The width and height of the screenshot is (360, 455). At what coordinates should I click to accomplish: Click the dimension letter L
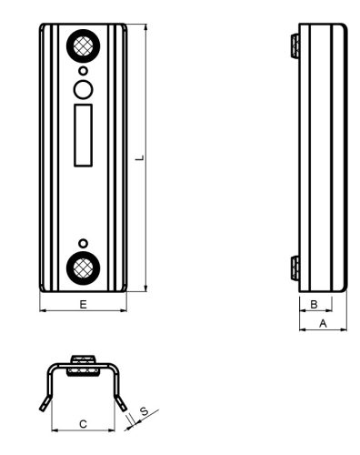tap(140, 158)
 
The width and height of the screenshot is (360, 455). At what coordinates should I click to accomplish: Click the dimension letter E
tap(83, 304)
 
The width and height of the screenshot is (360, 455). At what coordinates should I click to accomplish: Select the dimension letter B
tap(315, 304)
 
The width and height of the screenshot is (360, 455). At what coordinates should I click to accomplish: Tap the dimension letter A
tap(323, 323)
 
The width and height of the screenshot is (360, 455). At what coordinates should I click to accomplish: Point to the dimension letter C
tap(83, 424)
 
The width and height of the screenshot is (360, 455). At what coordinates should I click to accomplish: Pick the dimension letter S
tap(145, 411)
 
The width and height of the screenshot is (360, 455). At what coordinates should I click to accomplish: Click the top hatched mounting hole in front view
tap(84, 46)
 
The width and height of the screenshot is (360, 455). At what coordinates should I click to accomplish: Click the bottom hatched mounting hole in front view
tap(84, 268)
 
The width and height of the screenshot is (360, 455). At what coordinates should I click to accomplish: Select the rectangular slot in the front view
tap(84, 136)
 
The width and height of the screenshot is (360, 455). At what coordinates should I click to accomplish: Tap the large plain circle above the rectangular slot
tap(83, 89)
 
